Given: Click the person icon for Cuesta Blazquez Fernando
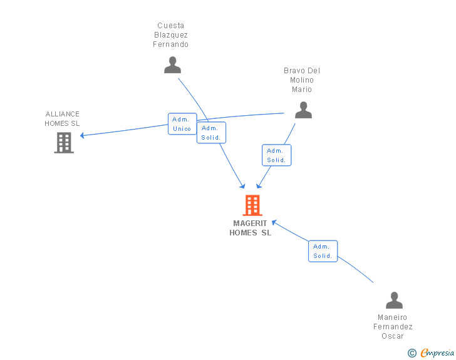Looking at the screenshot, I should pos(172,65).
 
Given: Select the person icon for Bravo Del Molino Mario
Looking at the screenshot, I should pos(303,110).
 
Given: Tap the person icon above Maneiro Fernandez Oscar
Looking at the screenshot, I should pos(394,301).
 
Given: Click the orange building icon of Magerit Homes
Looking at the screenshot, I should pos(252,205).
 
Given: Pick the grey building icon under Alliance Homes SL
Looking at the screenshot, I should pos(64,143).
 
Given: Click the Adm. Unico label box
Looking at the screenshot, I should pos(182,124).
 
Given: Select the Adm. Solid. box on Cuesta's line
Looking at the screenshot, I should pos(211,133).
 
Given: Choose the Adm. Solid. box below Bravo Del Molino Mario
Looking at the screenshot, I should pos(276,155).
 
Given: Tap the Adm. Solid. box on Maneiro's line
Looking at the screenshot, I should pos(323,251).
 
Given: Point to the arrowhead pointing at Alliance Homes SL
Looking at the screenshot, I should pos(80,135).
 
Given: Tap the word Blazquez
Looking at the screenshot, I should pos(171,35).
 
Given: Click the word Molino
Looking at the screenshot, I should pos(302,80).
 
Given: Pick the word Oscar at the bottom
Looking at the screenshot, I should pos(393,336).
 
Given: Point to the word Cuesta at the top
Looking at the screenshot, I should pos(171,26).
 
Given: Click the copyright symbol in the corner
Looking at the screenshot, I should pos(412,353).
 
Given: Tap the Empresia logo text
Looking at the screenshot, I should pos(437,353).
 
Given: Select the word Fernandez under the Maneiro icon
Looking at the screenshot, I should pos(393,327).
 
